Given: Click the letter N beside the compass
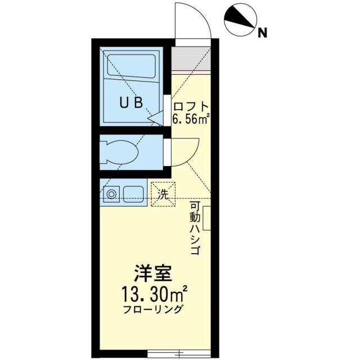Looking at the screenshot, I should click(262, 33).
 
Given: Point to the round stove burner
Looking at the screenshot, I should click(112, 195).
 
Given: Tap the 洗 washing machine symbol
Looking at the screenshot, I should click(163, 195).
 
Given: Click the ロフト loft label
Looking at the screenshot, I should click(191, 106).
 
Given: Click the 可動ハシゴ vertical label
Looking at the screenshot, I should click(195, 228).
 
